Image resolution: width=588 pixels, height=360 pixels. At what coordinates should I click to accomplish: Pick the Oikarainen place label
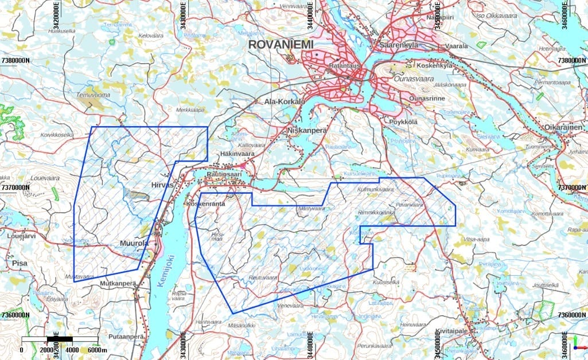563,127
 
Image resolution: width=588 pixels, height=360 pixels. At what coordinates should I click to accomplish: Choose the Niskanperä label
306,131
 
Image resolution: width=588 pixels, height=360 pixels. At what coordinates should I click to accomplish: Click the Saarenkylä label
400,45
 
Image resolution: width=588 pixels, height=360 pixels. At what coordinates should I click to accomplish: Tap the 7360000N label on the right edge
571,315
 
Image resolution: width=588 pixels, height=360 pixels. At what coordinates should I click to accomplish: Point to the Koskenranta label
205,204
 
